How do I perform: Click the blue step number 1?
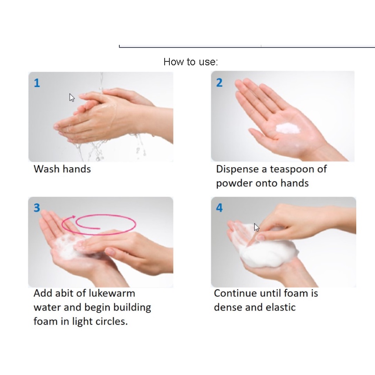[x=37, y=83]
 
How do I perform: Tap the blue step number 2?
[x=220, y=83]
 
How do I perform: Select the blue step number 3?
[x=37, y=208]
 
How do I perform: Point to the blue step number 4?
[x=220, y=208]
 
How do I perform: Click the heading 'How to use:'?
[x=191, y=62]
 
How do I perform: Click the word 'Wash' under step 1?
[x=47, y=169]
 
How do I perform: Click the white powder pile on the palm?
[x=288, y=128]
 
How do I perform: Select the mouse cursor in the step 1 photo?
[x=72, y=98]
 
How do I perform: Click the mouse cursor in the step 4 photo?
[x=257, y=227]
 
